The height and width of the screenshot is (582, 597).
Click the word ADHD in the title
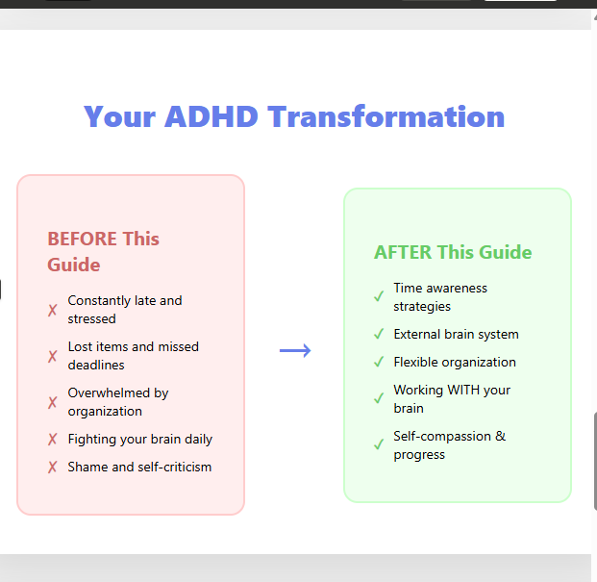pyautogui.click(x=211, y=116)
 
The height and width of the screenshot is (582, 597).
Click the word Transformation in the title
pyautogui.click(x=386, y=116)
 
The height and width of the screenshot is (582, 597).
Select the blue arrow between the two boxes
pyautogui.click(x=295, y=350)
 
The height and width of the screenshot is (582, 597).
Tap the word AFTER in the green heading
pyautogui.click(x=403, y=252)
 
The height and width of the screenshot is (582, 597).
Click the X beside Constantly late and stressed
pyautogui.click(x=53, y=310)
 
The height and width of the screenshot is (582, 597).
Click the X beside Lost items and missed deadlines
pyautogui.click(x=53, y=356)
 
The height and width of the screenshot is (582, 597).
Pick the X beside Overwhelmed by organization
pyautogui.click(x=53, y=402)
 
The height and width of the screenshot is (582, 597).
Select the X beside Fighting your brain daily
pyautogui.click(x=53, y=440)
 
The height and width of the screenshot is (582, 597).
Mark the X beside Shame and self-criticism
pyautogui.click(x=53, y=467)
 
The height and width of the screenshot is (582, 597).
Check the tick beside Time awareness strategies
pyautogui.click(x=379, y=296)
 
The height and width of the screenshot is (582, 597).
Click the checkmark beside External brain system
pyautogui.click(x=379, y=334)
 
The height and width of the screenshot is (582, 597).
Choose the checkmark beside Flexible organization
pyautogui.click(x=379, y=362)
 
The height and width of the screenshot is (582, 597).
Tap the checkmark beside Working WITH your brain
pyautogui.click(x=379, y=398)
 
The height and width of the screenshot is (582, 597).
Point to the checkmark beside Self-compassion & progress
pyautogui.click(x=379, y=444)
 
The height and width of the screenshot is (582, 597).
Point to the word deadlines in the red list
pyautogui.click(x=96, y=365)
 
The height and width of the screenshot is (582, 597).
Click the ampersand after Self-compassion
pyautogui.click(x=500, y=436)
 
